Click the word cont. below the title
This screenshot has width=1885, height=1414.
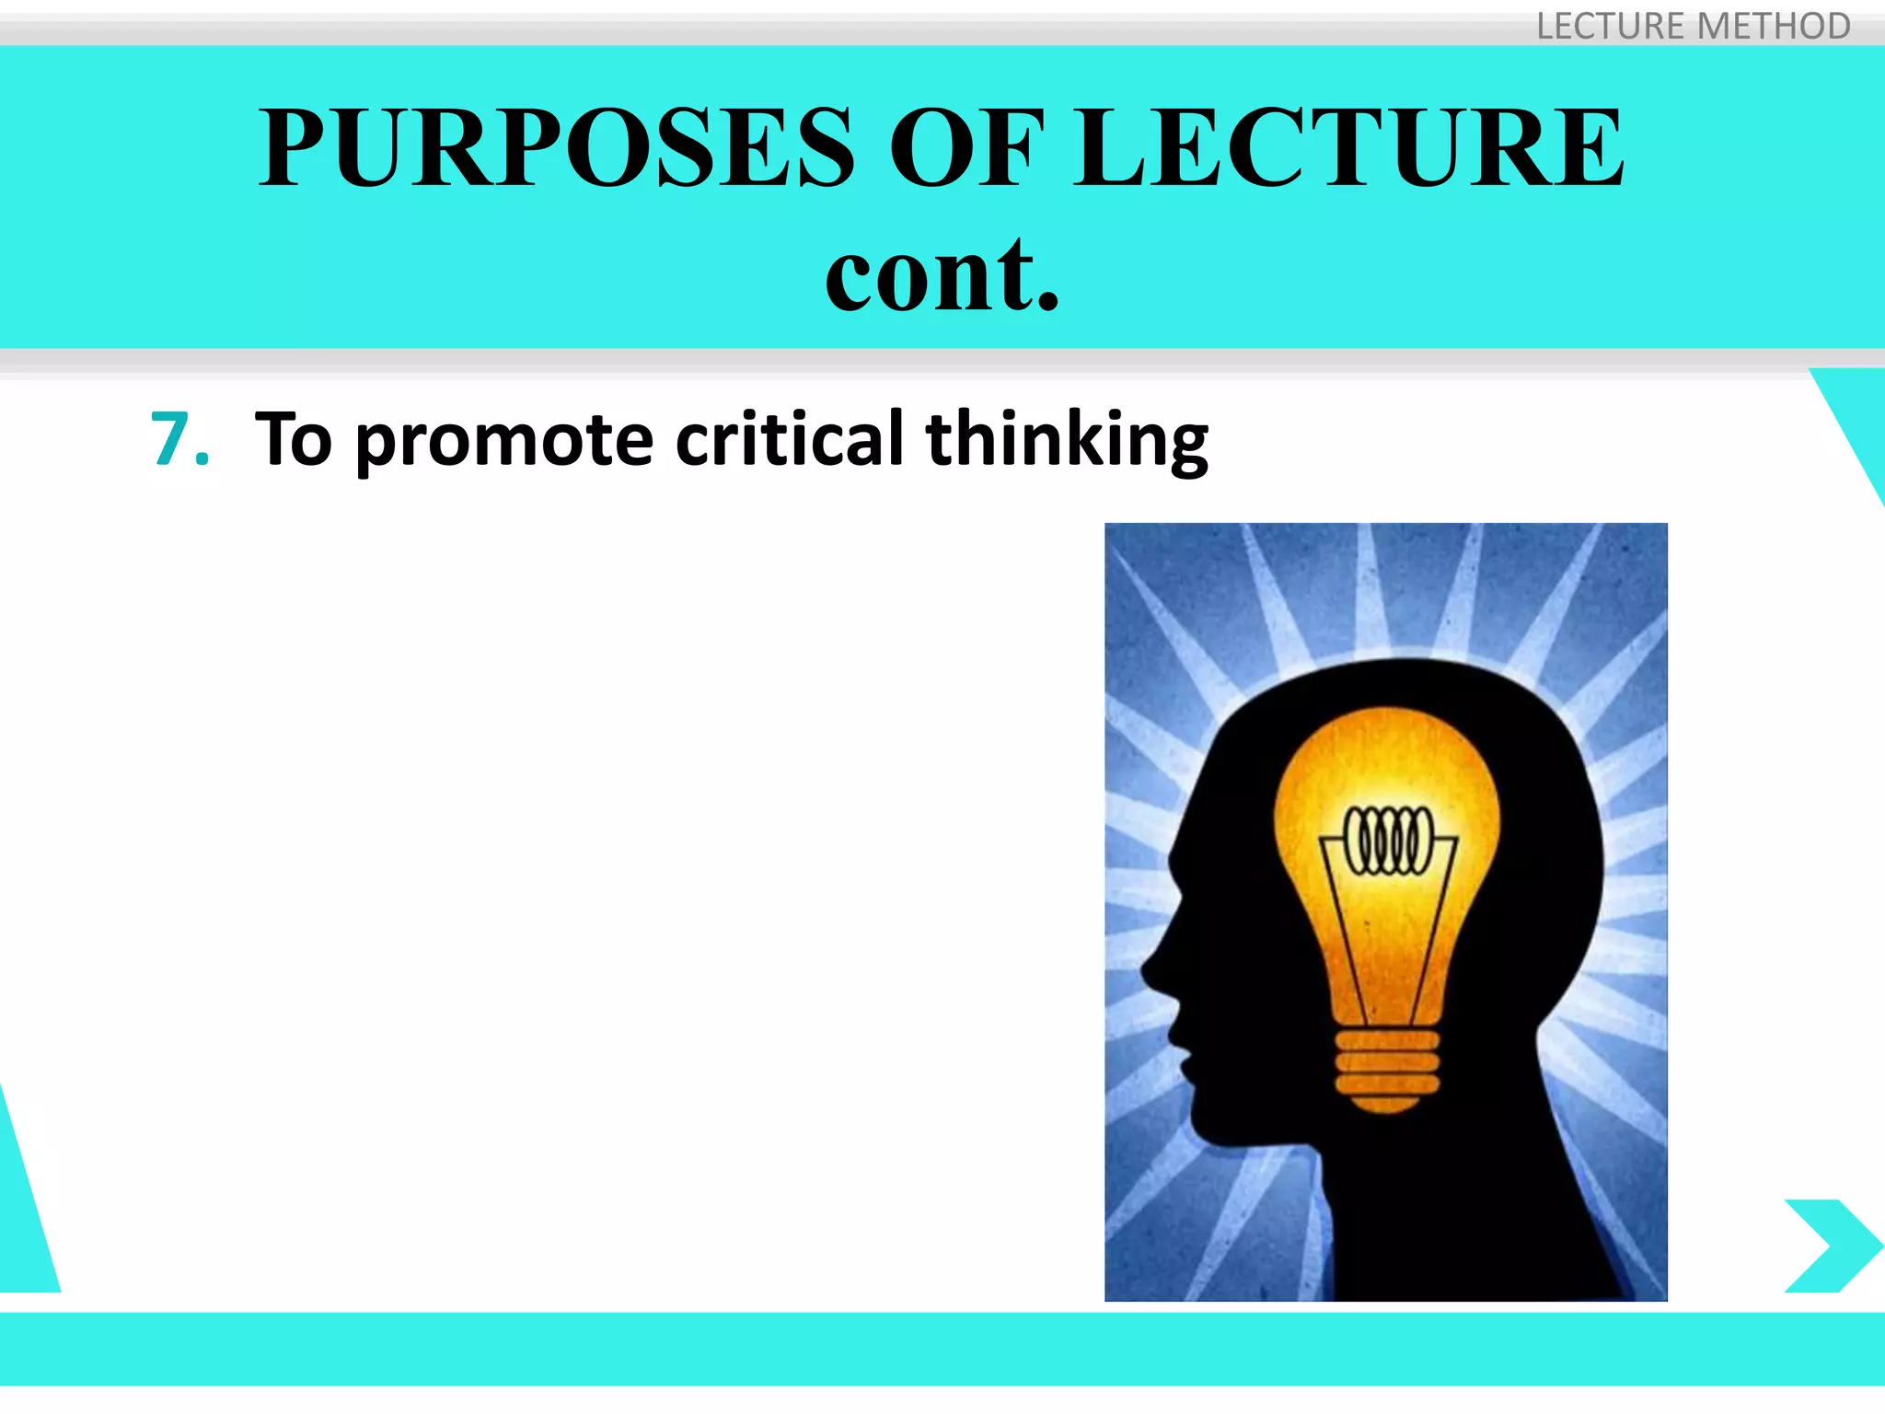942,273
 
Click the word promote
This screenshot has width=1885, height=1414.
504,441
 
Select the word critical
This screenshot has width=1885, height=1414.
790,439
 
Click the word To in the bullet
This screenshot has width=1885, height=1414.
293,439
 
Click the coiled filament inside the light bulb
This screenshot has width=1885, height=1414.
1389,840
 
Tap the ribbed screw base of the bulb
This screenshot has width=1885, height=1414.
1387,1068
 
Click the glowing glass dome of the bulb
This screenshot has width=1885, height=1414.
1387,773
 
